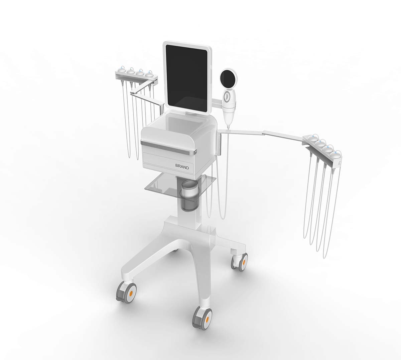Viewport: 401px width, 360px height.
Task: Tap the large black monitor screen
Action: [186, 78]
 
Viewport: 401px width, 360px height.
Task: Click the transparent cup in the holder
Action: [189, 195]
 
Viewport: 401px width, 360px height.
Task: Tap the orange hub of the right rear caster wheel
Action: [244, 262]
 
